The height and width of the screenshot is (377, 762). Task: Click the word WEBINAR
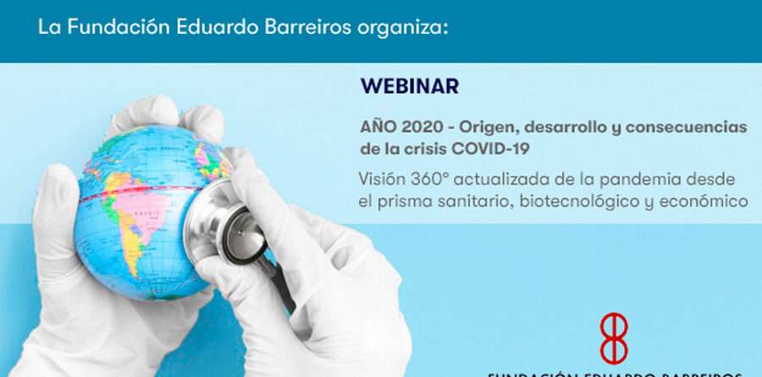[410, 86]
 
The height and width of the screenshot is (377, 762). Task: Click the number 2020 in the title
[419, 127]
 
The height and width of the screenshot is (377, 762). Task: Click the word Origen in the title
[492, 127]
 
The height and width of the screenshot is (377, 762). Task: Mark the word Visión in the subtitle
[383, 180]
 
